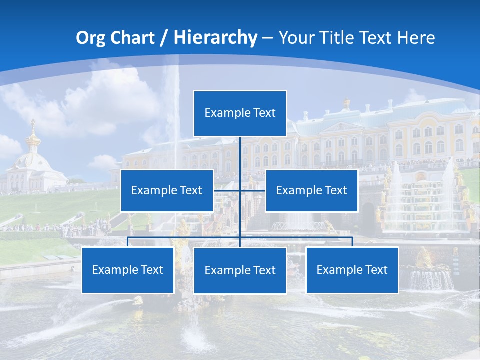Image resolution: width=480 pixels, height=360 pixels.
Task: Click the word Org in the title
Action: coord(91,37)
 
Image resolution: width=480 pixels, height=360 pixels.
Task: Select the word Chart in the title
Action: coord(131,37)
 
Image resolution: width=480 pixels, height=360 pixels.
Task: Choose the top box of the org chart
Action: coord(240,113)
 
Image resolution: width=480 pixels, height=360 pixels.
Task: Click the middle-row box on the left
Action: coord(167,190)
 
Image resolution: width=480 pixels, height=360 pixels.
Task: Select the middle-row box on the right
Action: coord(311,190)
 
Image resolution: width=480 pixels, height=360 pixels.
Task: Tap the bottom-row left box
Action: coord(128,270)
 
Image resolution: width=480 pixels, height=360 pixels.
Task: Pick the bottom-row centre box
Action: coord(240,270)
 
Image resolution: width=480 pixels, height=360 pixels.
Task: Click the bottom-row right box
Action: coord(352,270)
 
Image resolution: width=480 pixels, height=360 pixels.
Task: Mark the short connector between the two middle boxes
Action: coord(239,190)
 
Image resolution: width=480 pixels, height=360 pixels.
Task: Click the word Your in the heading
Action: coord(297,37)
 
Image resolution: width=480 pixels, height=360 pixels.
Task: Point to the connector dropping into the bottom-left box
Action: coord(128,242)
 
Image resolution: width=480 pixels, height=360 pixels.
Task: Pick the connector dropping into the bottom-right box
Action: coord(352,242)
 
